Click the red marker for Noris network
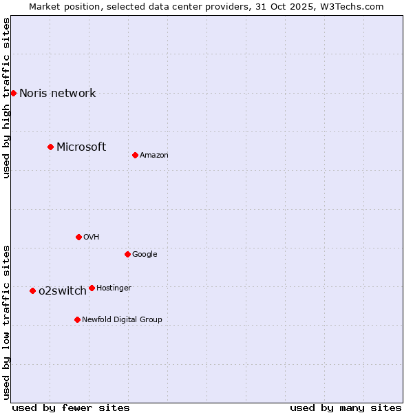point(13,93)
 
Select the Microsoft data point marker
point(50,147)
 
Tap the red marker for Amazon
point(135,155)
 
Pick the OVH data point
point(78,237)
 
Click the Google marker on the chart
point(127,254)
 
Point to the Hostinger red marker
point(92,288)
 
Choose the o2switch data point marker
point(32,290)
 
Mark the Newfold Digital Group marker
point(77,319)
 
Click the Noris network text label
point(58,94)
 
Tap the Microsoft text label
point(81,147)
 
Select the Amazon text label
point(154,156)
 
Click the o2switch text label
point(63,291)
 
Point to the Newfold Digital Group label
point(122,319)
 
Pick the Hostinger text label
point(114,288)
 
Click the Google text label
point(145,255)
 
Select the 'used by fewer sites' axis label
point(71,407)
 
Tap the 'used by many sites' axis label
point(346,407)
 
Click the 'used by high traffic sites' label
point(6,98)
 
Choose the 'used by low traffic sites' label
point(6,321)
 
